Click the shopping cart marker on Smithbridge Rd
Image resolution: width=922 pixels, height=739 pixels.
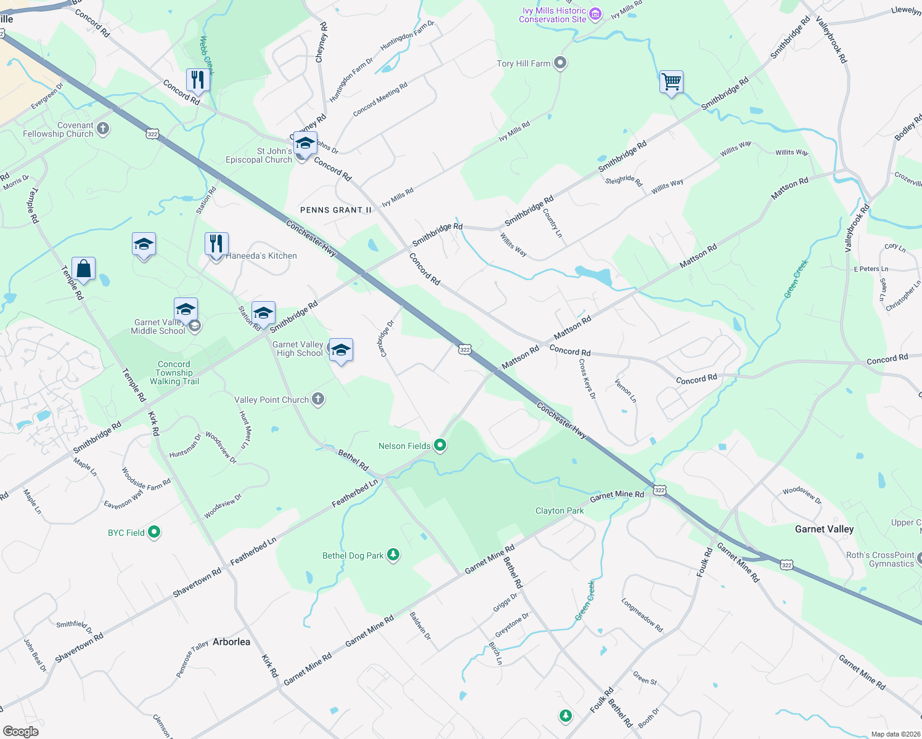point(671,82)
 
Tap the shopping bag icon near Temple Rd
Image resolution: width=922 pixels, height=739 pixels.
point(83,269)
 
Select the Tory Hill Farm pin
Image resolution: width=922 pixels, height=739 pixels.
point(560,63)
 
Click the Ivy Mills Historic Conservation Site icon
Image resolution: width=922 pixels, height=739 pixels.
point(595,14)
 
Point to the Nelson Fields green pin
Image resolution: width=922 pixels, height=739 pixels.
point(440,445)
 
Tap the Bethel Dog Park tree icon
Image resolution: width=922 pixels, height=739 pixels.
point(393,555)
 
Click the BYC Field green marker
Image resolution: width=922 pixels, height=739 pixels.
point(154,532)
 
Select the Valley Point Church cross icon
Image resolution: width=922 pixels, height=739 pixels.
point(318,399)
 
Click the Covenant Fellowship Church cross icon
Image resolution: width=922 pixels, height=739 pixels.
point(103,129)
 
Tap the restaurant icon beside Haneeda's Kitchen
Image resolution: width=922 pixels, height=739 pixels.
point(216,244)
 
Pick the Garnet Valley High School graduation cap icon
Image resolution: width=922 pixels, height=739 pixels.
point(341,350)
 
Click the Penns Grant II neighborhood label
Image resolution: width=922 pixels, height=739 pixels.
point(336,210)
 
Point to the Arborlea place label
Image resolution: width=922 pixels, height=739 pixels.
point(231,642)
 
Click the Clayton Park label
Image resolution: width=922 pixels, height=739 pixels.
point(559,511)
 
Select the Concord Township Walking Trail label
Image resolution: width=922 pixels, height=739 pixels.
point(174,373)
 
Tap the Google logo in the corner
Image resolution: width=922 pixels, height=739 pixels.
point(20,731)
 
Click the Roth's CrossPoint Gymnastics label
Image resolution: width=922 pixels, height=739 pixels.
point(879,559)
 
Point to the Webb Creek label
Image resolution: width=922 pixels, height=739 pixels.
point(207,55)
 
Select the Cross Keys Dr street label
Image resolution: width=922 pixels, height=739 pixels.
point(587,379)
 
